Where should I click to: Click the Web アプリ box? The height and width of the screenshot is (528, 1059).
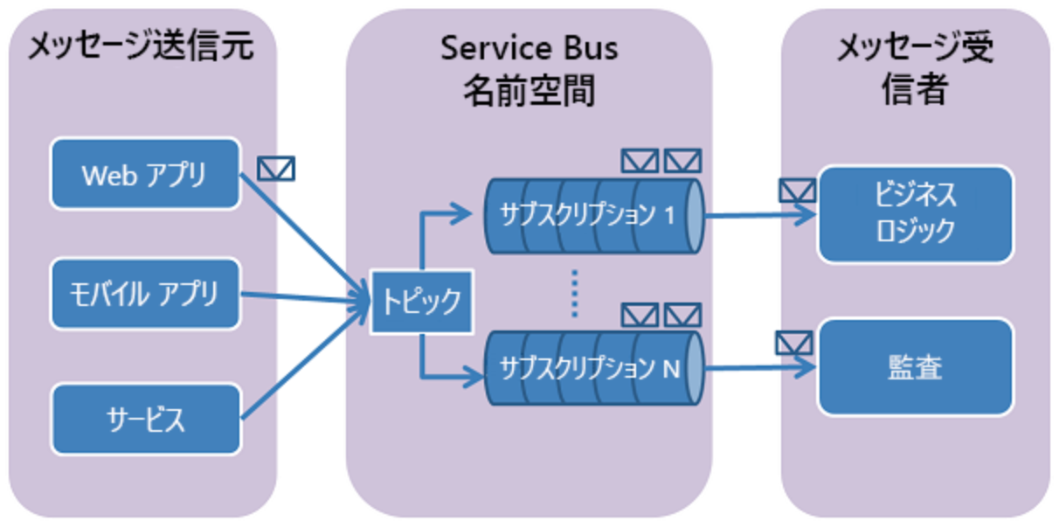145,173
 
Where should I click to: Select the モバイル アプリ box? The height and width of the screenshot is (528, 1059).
145,294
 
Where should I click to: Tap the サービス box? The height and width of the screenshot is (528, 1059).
145,419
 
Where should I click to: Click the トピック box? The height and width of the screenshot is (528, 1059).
422,302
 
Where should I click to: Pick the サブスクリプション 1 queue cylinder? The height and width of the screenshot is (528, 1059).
594,215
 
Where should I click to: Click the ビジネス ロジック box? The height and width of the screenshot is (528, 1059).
915,213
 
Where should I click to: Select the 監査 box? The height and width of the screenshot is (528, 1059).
915,367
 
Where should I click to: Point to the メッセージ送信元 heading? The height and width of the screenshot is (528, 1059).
141,47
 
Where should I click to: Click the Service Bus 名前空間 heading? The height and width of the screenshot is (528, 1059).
529,68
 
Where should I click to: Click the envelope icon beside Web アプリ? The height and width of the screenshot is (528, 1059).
276,168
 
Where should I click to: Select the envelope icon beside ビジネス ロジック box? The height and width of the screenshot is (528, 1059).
796,190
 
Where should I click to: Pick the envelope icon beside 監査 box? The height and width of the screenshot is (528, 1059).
794,343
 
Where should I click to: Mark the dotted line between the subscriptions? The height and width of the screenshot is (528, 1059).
575,294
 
